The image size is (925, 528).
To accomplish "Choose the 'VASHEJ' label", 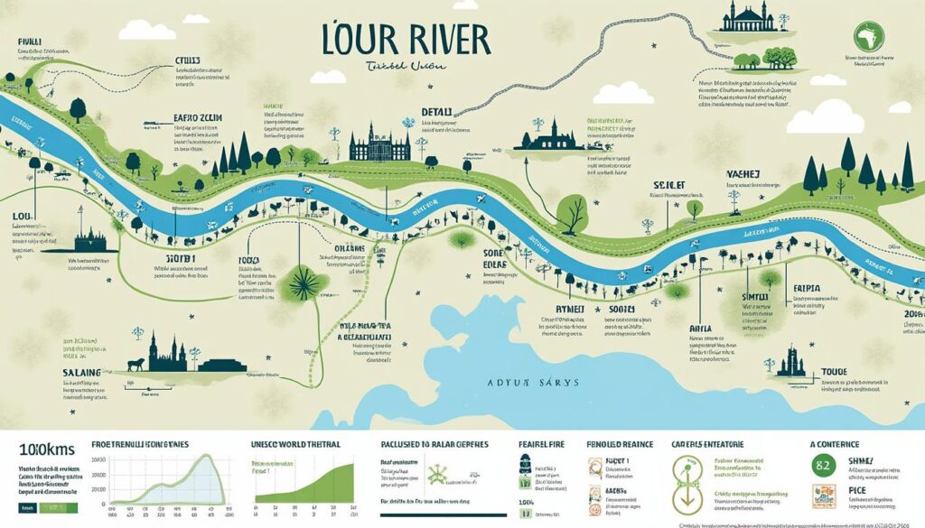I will click(x=745, y=174).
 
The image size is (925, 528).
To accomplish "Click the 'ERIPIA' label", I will click(x=806, y=289).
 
